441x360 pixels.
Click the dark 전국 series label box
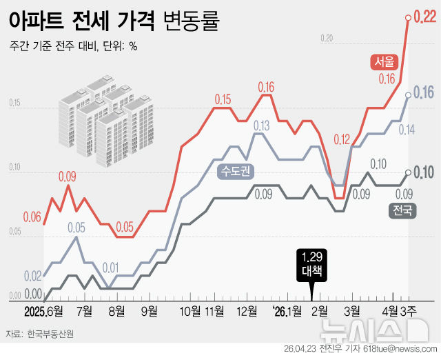click(x=404, y=210)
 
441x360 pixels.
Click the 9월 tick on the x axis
click(x=150, y=311)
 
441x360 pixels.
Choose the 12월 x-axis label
click(x=247, y=311)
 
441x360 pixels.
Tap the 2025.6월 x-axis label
click(x=43, y=311)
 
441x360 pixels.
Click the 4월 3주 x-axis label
click(x=400, y=311)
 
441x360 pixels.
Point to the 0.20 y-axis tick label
click(x=327, y=37)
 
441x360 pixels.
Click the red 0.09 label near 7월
click(x=67, y=177)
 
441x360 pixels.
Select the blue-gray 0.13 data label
click(x=262, y=126)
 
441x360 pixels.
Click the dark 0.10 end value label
click(x=423, y=172)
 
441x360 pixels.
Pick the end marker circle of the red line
click(x=408, y=19)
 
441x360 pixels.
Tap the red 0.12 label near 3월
click(x=342, y=140)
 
